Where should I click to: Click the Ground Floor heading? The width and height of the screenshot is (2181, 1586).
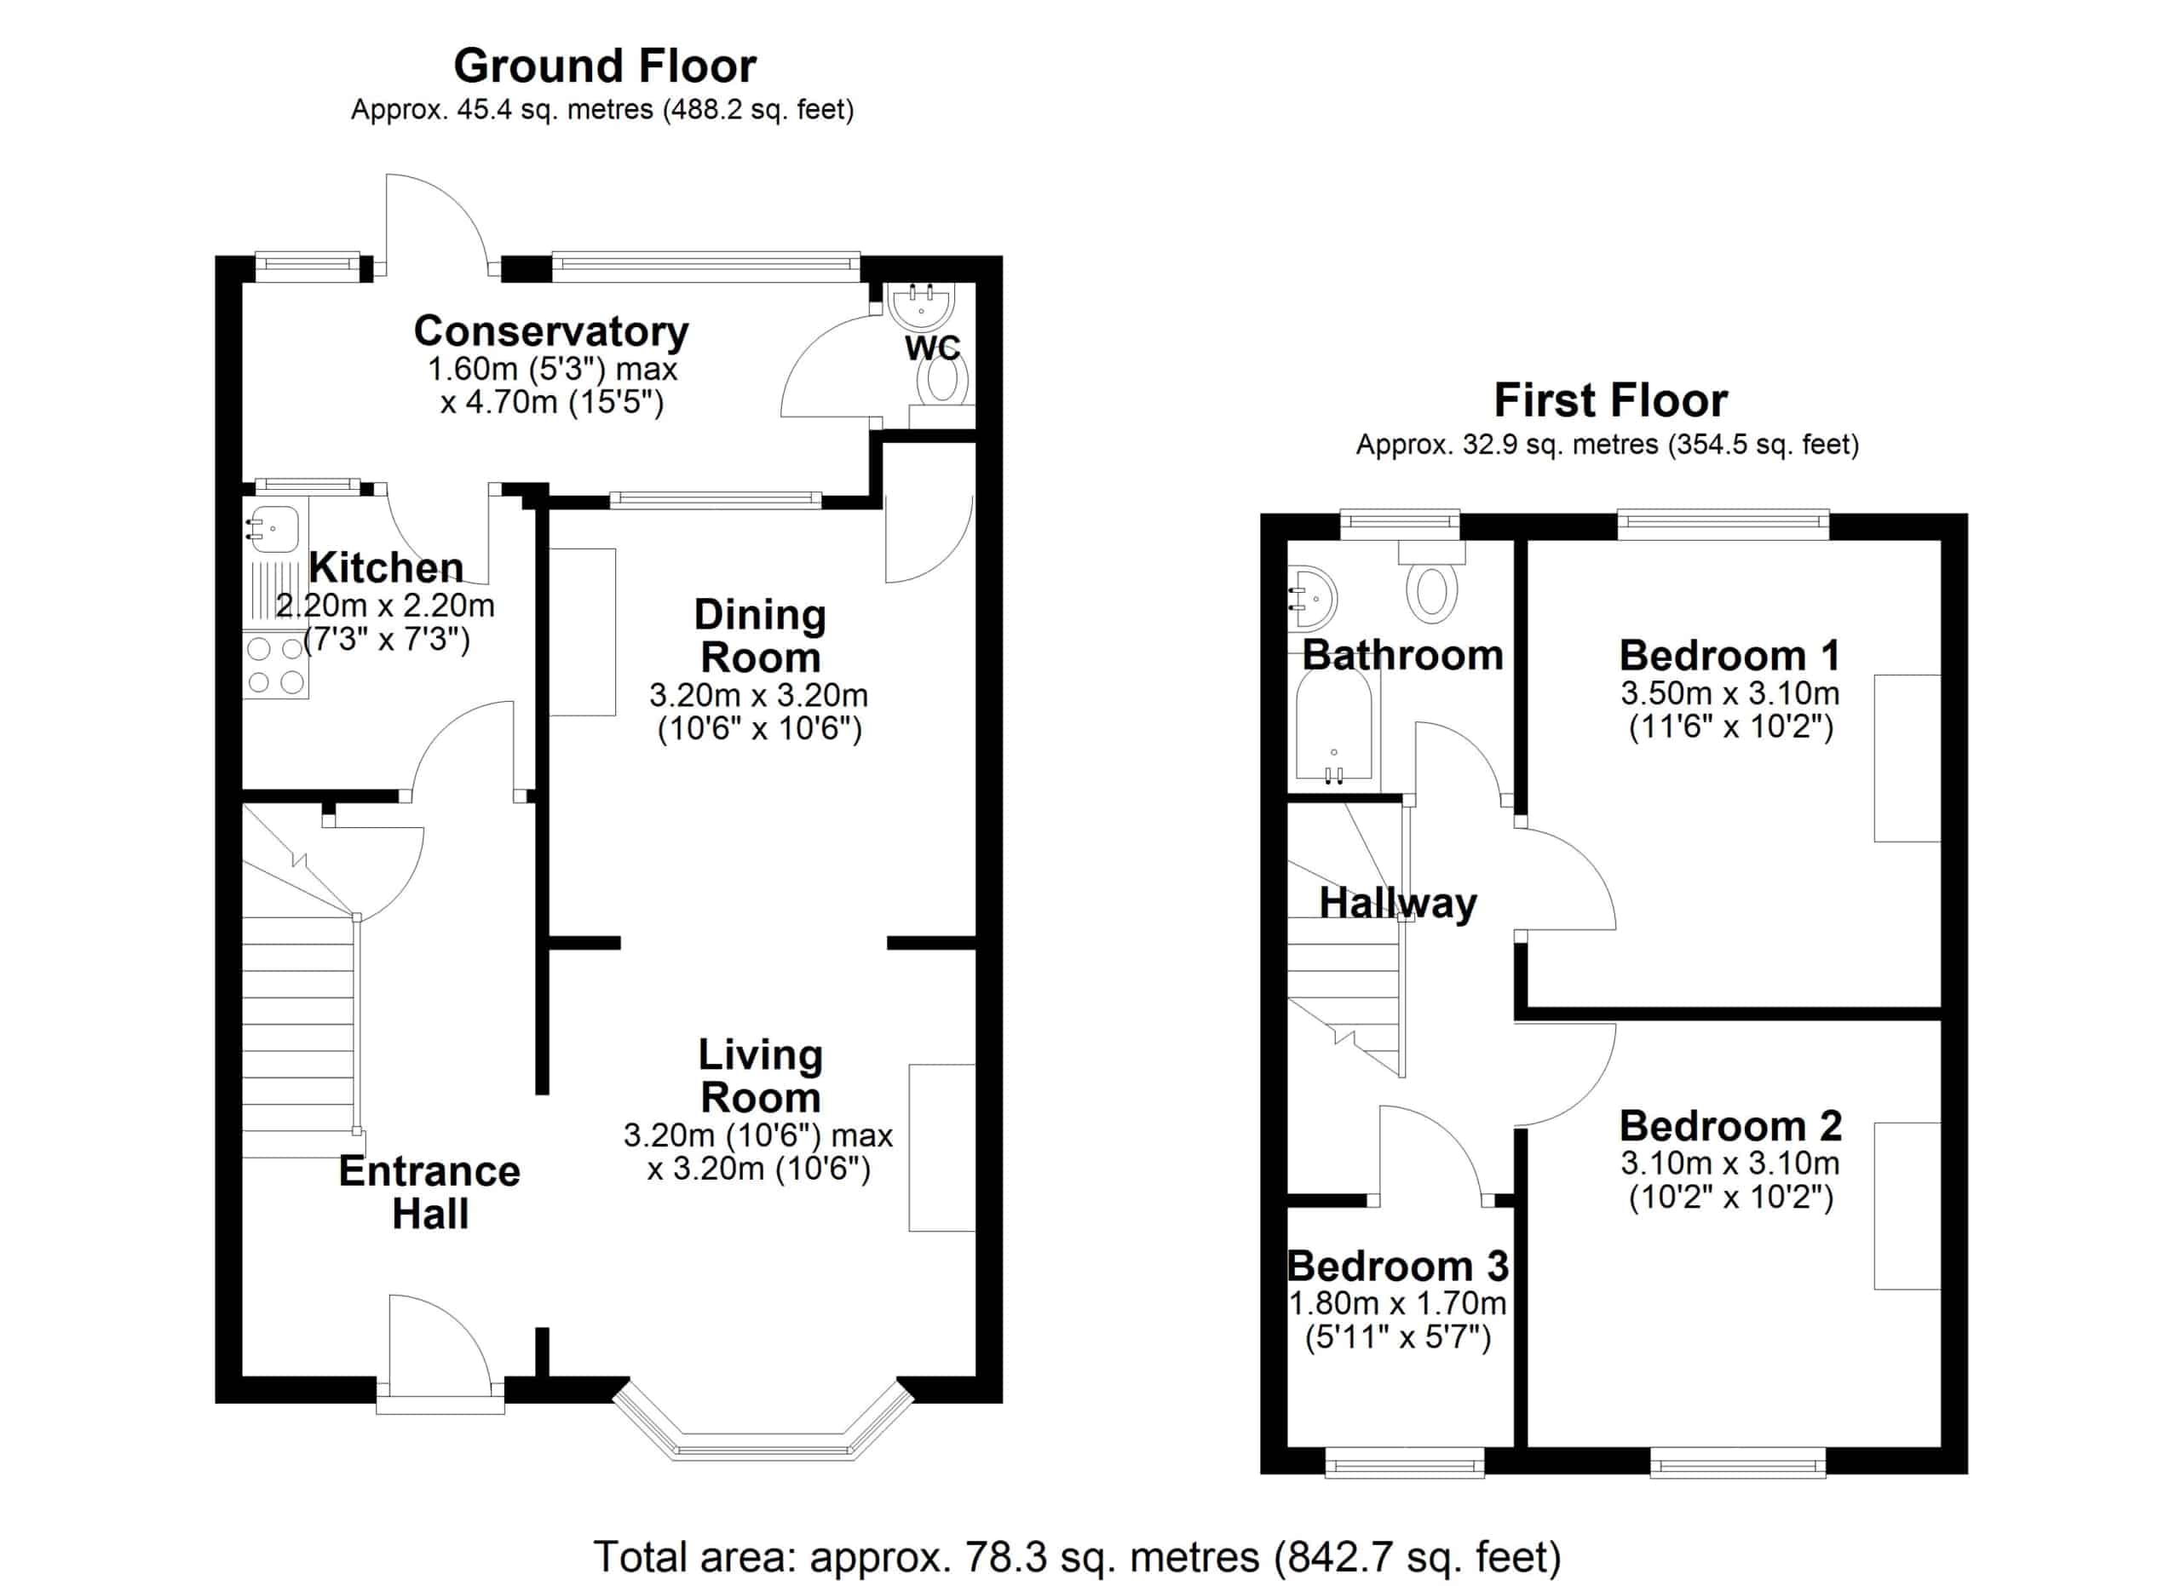[x=605, y=66]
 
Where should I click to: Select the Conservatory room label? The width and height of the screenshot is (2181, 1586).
[x=551, y=331]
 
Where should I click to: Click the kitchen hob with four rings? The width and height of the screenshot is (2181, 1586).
[x=275, y=665]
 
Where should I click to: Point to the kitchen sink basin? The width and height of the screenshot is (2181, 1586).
[x=275, y=529]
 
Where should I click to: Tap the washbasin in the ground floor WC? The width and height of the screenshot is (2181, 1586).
[x=921, y=305]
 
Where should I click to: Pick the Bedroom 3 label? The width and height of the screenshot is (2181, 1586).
[x=1397, y=1266]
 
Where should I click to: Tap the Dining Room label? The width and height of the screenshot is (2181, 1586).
[x=760, y=636]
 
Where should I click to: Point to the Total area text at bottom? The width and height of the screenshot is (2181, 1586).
[x=1077, y=1557]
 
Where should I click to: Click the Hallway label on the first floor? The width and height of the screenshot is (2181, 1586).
[x=1397, y=904]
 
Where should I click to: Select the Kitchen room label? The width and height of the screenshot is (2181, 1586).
[x=386, y=568]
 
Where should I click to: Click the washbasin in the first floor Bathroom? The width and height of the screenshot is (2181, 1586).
[x=1312, y=597]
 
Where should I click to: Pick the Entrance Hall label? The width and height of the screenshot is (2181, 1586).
[x=430, y=1192]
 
